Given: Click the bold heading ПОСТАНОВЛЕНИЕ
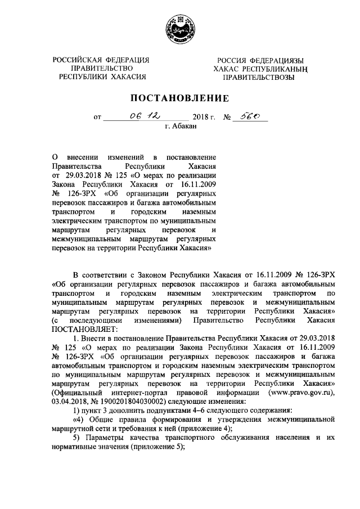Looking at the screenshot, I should pos(179,98).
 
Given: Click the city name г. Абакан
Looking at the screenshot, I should pos(181,128).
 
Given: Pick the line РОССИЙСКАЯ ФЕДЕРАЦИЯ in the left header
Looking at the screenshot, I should pos(101,60).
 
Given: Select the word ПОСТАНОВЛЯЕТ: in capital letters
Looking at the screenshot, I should pos(85,328).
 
